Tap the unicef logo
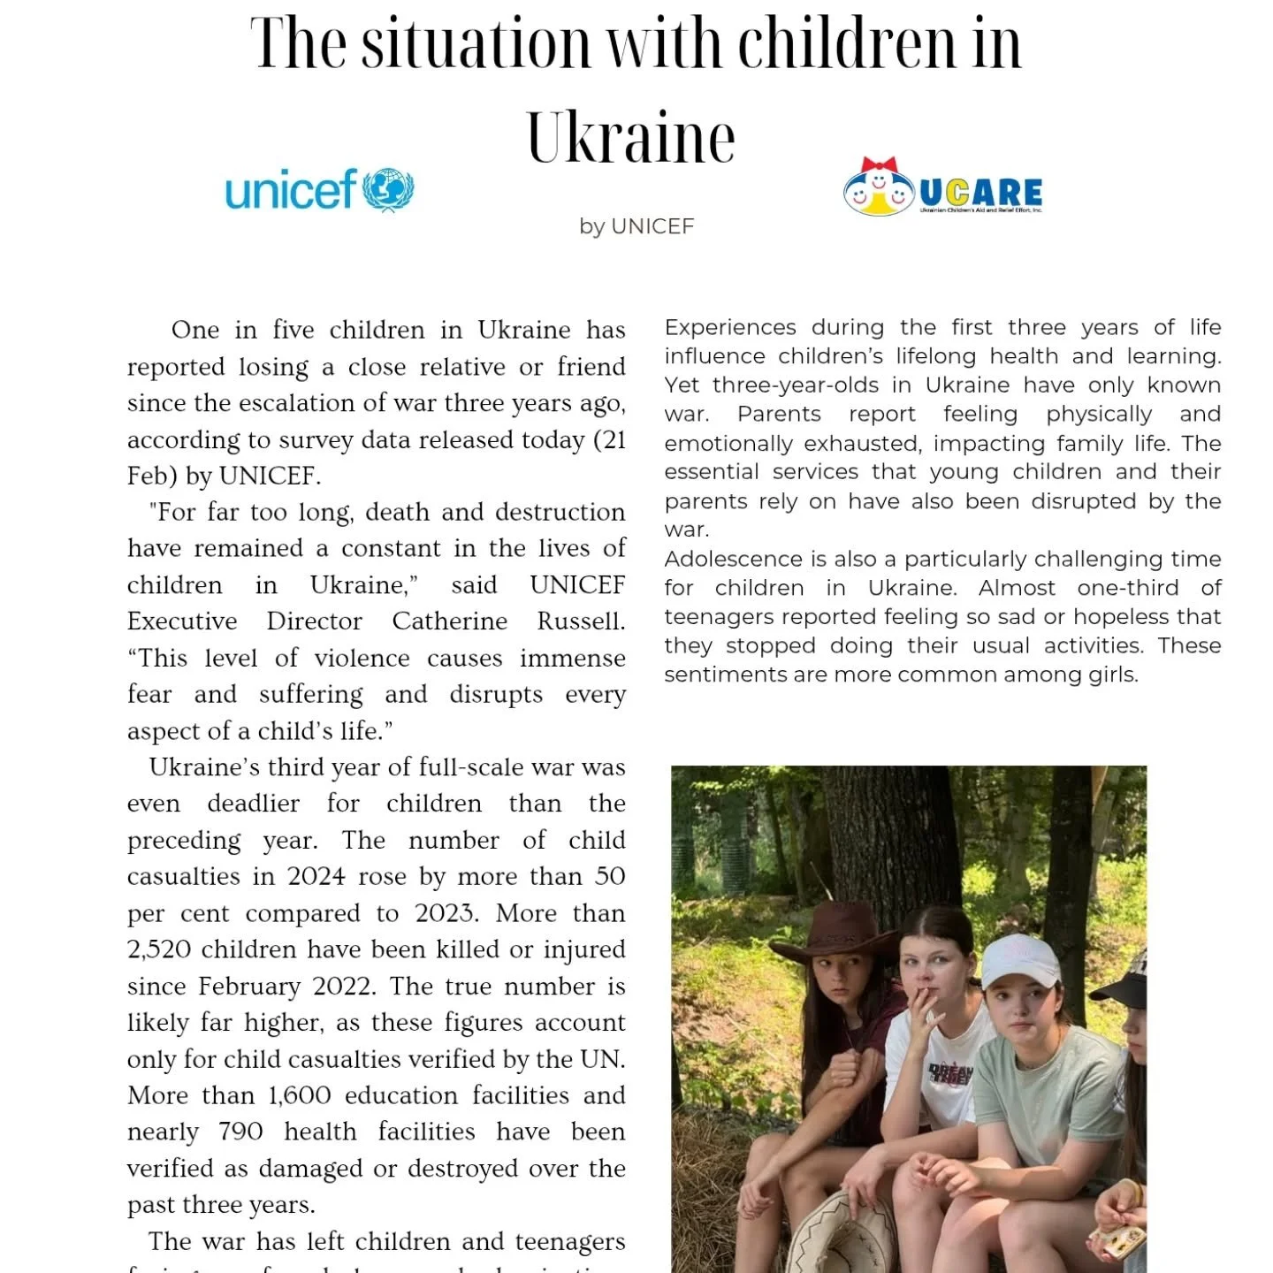coord(319,190)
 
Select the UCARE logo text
coord(980,192)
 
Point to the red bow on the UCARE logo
coord(879,166)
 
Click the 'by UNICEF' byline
coord(636,226)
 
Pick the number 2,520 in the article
coord(159,949)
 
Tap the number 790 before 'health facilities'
coord(240,1132)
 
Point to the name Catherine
coord(449,621)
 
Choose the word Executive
coord(182,621)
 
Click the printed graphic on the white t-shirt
coord(950,1075)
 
